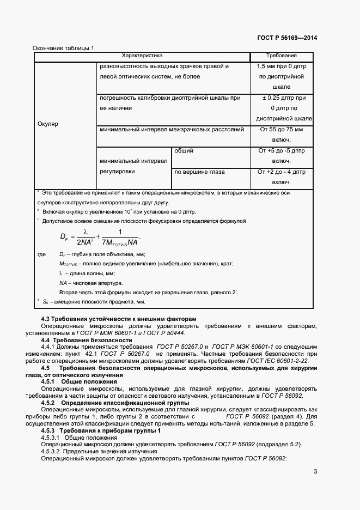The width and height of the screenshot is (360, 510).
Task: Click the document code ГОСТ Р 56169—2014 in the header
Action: [x=286, y=38]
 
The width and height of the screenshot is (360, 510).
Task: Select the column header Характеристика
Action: [x=142, y=56]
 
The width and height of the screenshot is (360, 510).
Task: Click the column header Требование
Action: [x=281, y=56]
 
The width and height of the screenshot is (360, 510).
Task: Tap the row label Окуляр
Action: [x=48, y=124]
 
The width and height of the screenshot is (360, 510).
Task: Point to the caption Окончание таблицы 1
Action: [x=63, y=47]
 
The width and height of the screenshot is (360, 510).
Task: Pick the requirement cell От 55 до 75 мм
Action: [x=281, y=130]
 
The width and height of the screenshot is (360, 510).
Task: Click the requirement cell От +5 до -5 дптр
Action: [x=281, y=151]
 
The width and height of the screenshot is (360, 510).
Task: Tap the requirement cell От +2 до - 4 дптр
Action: [x=281, y=172]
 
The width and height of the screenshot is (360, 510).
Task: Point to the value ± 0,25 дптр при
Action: [x=281, y=98]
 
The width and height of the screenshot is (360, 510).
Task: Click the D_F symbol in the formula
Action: [x=64, y=236]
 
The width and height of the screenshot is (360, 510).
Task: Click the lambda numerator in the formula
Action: [x=85, y=231]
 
